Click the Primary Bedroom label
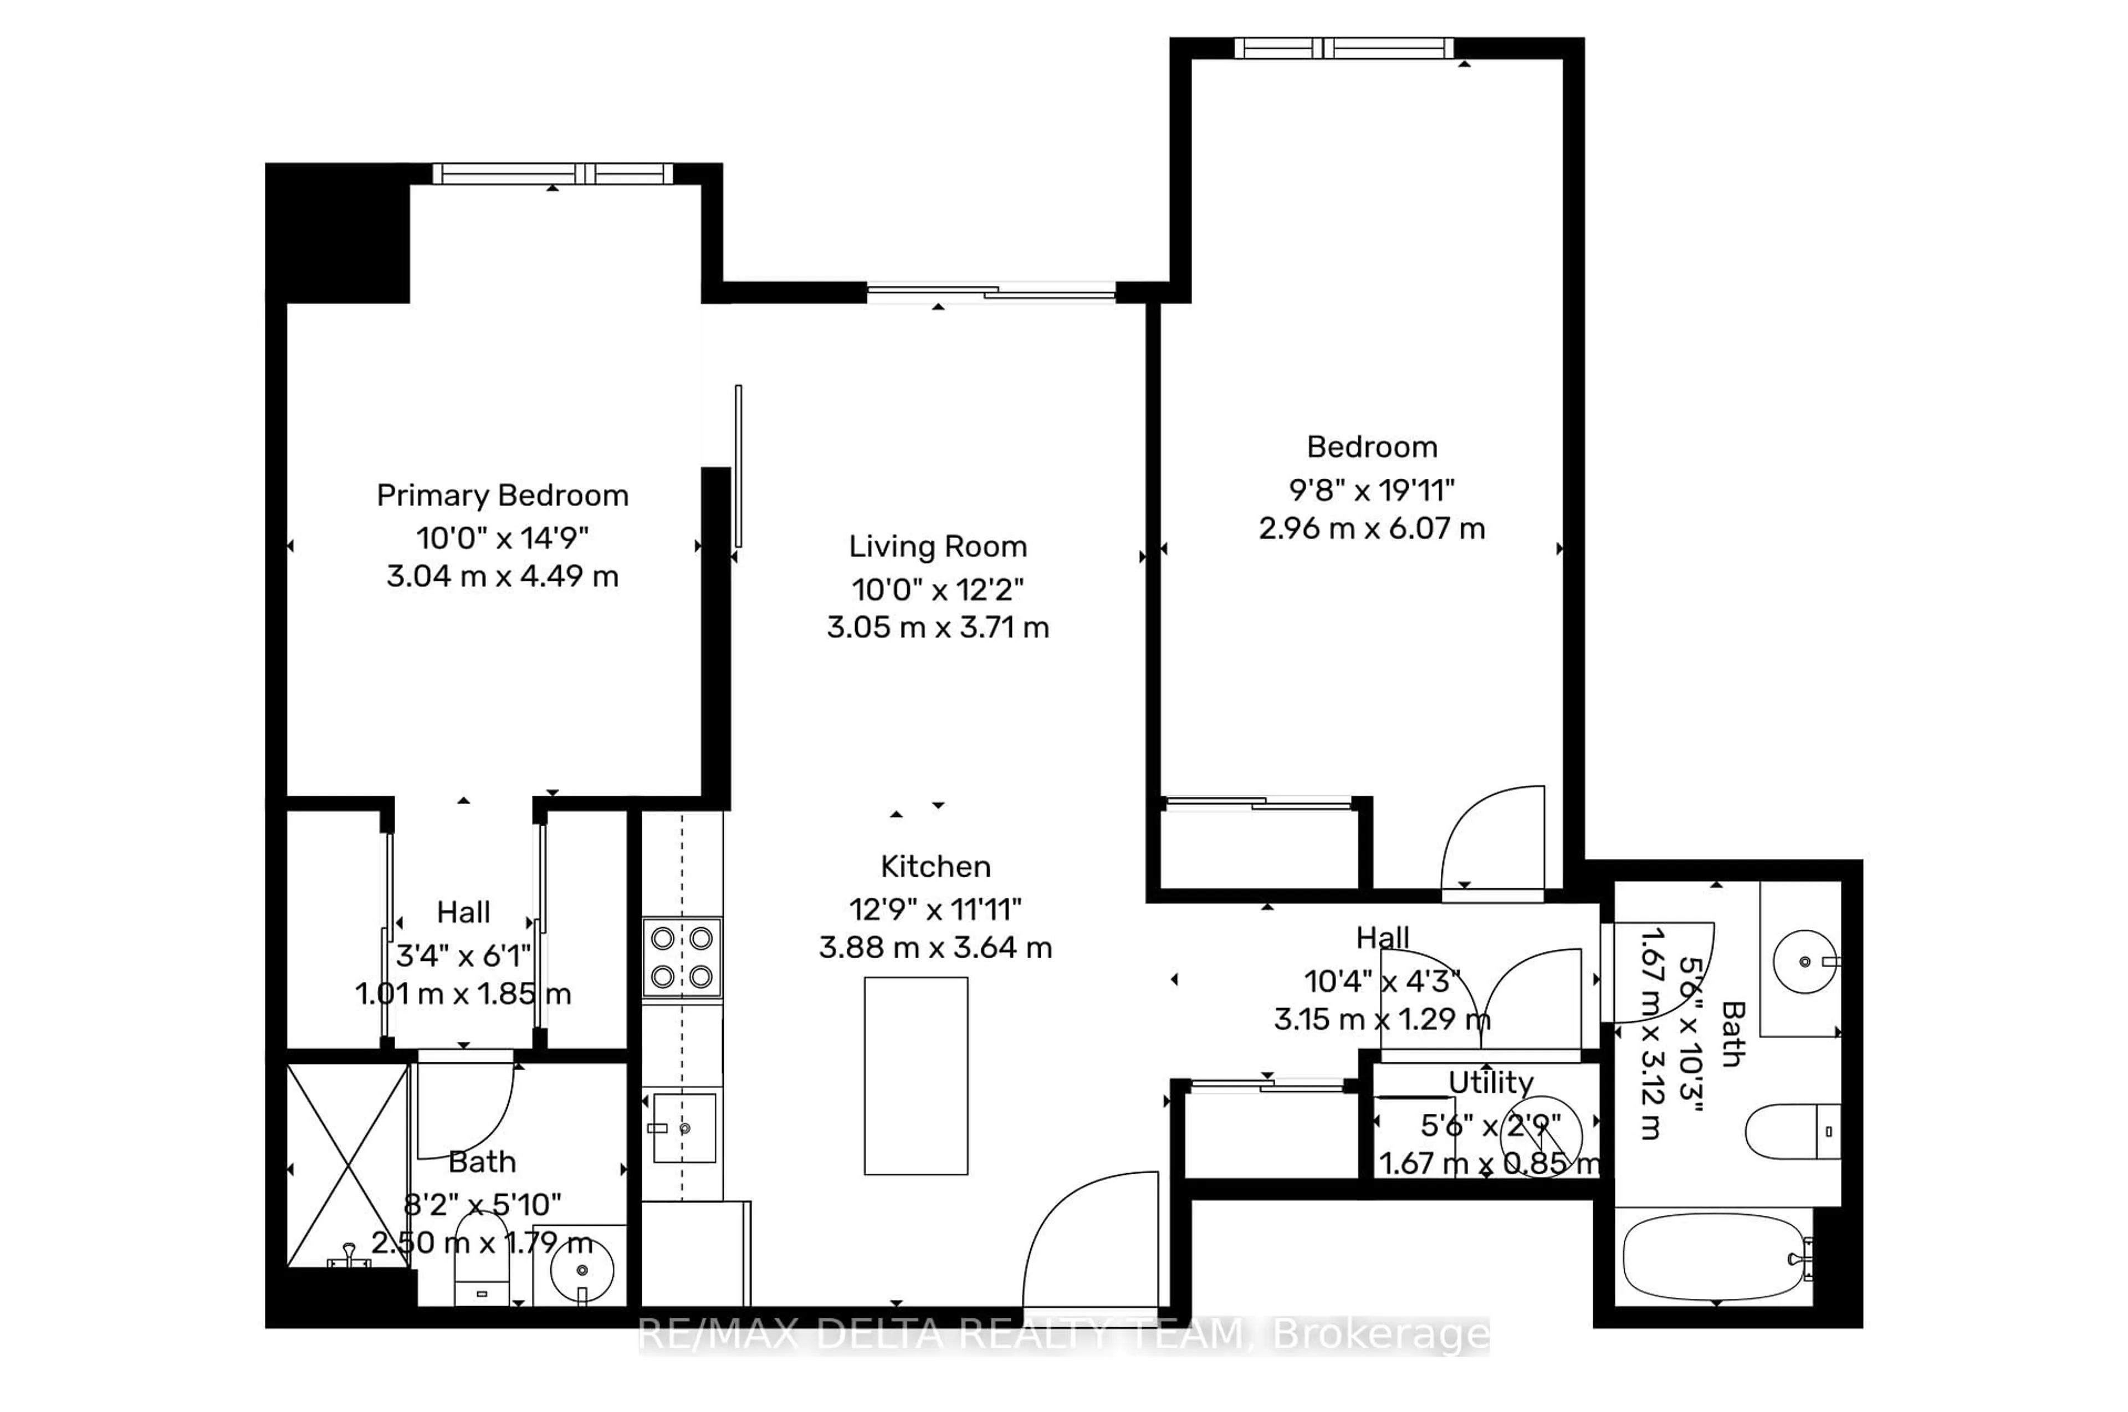[502, 495]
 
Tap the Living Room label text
[938, 546]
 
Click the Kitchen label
[935, 866]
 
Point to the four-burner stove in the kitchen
[682, 957]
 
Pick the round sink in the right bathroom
[1804, 962]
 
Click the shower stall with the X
[347, 1165]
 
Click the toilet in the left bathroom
[481, 1261]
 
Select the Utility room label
[1490, 1082]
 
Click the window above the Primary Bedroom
[552, 174]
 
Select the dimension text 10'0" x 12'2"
[938, 590]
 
